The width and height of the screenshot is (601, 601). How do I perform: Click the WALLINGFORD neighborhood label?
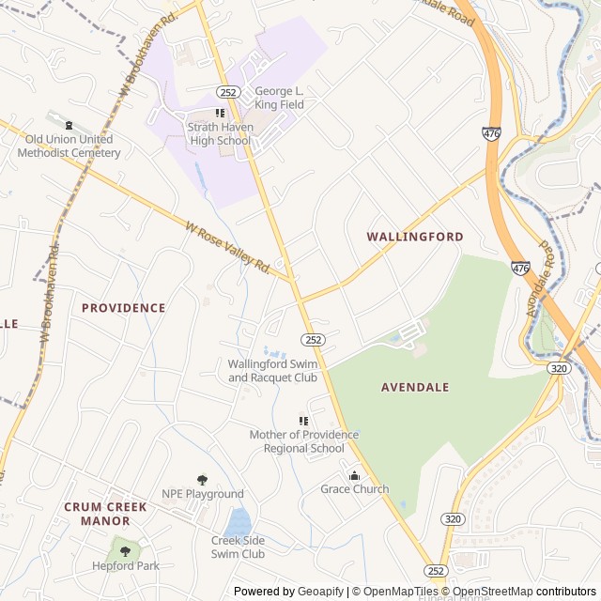(x=414, y=237)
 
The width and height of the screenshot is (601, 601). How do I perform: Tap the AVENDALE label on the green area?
(x=415, y=387)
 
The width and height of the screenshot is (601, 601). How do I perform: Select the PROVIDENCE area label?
(x=123, y=308)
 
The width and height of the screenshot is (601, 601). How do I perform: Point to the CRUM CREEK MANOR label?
(x=105, y=514)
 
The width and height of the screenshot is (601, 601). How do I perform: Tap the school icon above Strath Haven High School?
(x=221, y=114)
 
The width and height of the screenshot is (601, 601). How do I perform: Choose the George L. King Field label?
(x=280, y=99)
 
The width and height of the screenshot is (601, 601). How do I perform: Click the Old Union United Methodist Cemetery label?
(x=69, y=146)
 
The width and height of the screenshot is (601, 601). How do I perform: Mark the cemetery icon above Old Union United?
(x=67, y=124)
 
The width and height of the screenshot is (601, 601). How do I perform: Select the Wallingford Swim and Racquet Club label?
(x=273, y=371)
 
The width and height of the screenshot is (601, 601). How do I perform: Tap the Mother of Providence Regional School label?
(x=303, y=441)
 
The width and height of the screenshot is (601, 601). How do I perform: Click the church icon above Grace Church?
(x=354, y=475)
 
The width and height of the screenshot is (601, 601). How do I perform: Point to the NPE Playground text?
(x=202, y=494)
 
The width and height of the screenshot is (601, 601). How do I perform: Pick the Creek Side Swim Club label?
(x=238, y=547)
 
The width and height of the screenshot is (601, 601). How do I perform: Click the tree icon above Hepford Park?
(x=125, y=551)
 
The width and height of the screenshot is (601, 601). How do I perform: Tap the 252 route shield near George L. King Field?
(x=228, y=92)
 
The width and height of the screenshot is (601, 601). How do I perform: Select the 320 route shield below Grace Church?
(x=452, y=518)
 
